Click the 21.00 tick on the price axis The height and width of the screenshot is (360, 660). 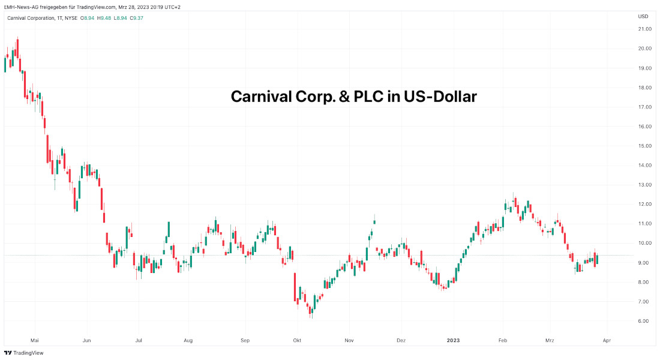click(x=645, y=29)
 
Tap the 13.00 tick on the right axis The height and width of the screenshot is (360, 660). click(x=645, y=185)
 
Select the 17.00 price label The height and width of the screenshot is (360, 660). click(x=645, y=107)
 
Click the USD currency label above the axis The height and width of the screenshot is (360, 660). click(x=643, y=16)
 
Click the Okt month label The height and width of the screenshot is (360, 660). click(x=297, y=340)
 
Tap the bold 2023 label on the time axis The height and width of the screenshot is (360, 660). click(x=454, y=340)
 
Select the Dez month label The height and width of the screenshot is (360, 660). click(x=401, y=340)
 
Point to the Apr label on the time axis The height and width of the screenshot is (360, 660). click(x=607, y=340)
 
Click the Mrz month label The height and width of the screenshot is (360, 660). click(x=550, y=340)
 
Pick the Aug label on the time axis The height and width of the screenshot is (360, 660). click(x=188, y=340)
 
